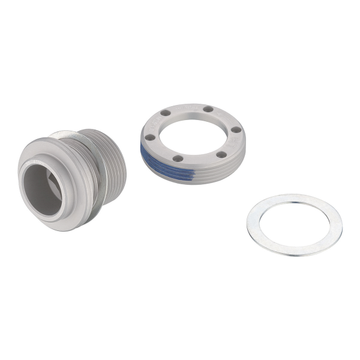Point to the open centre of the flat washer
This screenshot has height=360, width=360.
pyautogui.click(x=294, y=224)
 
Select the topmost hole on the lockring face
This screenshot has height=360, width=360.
pyautogui.click(x=208, y=109)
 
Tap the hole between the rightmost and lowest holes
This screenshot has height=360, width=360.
pyautogui.click(x=221, y=155)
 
